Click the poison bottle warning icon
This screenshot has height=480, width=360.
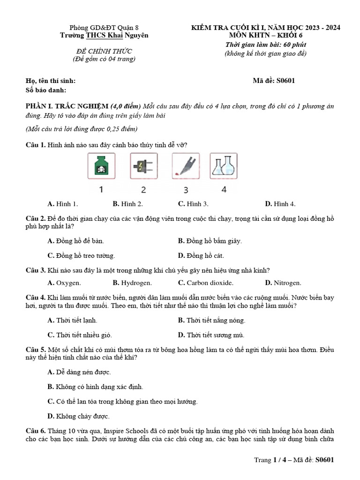[101, 167]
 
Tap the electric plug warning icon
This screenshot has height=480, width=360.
[143, 167]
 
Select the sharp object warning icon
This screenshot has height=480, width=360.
[186, 167]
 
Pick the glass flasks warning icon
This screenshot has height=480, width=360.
[224, 167]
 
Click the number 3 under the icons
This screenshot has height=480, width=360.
[186, 190]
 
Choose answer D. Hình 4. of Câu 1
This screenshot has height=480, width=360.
[280, 204]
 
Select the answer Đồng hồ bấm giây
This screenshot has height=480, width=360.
[210, 241]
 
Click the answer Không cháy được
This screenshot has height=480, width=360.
[79, 416]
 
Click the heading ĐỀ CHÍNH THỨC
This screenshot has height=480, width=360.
[104, 51]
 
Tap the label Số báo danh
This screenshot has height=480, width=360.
[46, 90]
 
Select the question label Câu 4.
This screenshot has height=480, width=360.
[36, 298]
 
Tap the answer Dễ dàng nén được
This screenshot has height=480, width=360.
[79, 372]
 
